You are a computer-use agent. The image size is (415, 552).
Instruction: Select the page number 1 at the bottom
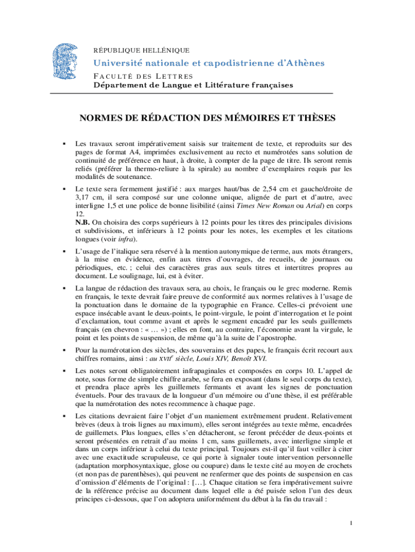coord(351,523)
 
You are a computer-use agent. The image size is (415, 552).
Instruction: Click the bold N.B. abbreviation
coord(82,222)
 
